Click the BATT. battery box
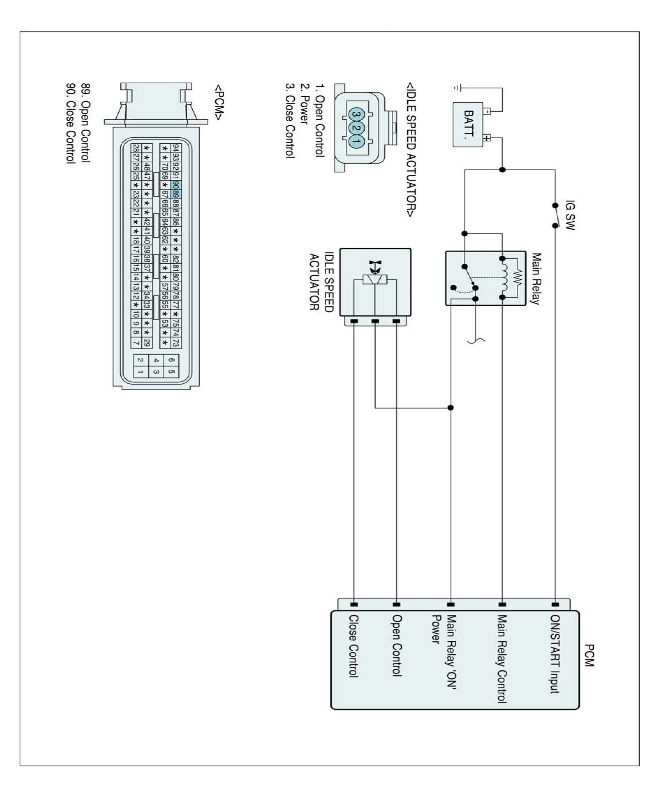click(x=468, y=124)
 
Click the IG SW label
click(x=570, y=215)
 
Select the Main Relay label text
click(x=535, y=279)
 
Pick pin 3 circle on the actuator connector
click(x=356, y=114)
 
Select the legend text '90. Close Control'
click(x=71, y=123)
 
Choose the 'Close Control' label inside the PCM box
click(x=353, y=646)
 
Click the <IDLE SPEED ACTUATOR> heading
click(x=411, y=150)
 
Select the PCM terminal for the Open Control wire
click(x=396, y=604)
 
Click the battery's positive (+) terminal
click(x=487, y=138)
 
